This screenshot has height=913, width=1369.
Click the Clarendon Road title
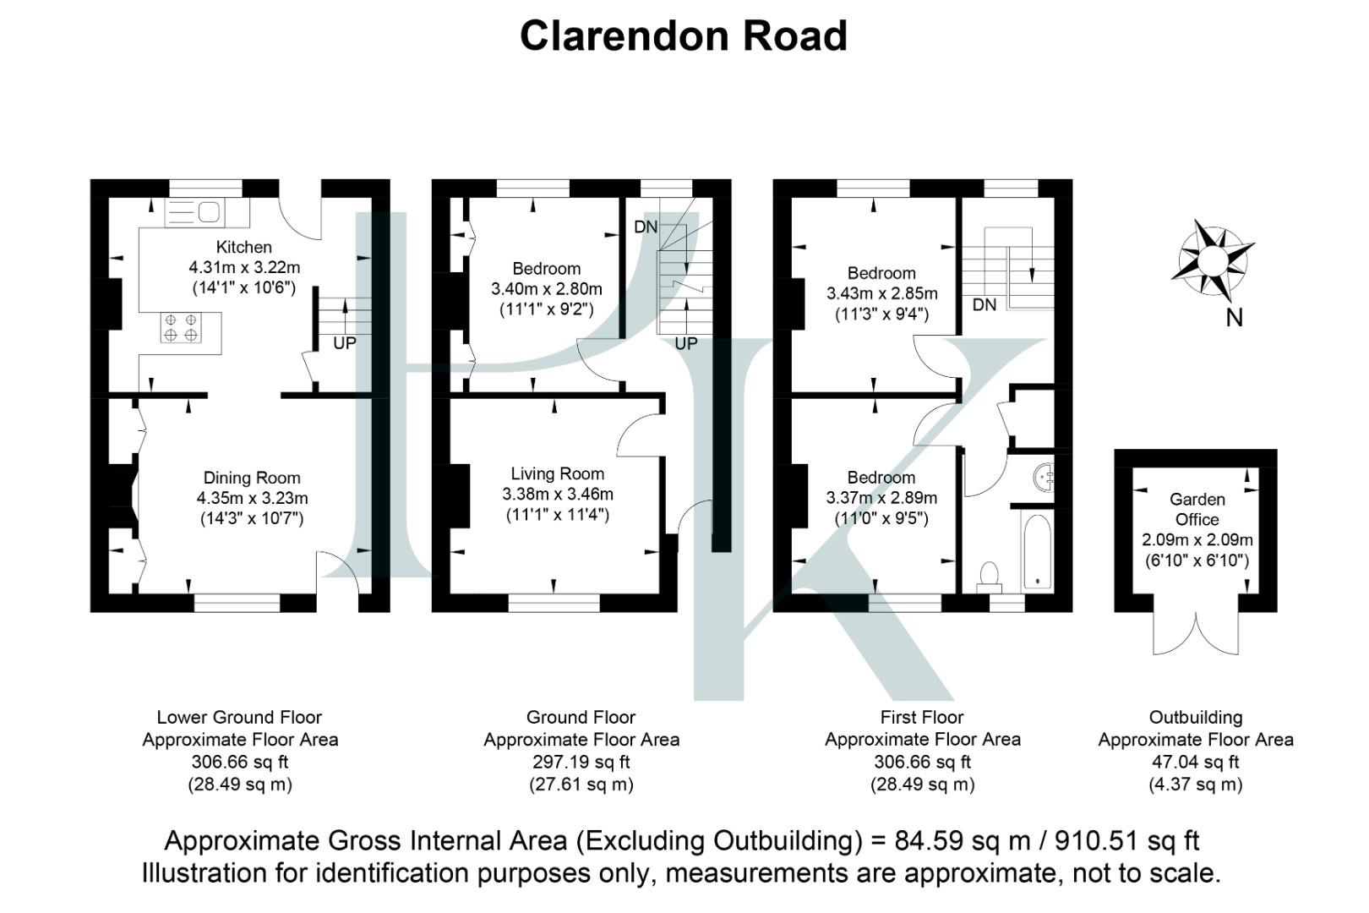point(683,36)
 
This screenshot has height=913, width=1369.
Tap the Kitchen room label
point(244,247)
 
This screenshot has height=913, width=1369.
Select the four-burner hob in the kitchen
point(181,327)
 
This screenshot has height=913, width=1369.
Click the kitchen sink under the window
point(194,211)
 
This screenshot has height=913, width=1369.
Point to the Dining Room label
point(252,478)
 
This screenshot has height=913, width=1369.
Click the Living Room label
point(557,473)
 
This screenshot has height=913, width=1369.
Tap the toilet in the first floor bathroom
point(989,576)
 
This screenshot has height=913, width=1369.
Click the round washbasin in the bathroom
point(1044,478)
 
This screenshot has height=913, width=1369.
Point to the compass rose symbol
point(1212,260)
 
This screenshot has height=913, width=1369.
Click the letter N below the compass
point(1234,318)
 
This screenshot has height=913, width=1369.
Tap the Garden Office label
point(1197,509)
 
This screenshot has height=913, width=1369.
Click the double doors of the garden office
point(1197,634)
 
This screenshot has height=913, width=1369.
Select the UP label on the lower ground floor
point(345,343)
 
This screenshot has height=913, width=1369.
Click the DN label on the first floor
point(984,304)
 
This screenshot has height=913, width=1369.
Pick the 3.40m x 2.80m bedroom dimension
point(547,289)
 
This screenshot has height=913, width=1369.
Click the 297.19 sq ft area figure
point(581,762)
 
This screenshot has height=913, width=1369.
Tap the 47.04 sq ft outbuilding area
point(1195,762)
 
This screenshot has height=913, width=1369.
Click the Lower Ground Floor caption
point(239,718)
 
